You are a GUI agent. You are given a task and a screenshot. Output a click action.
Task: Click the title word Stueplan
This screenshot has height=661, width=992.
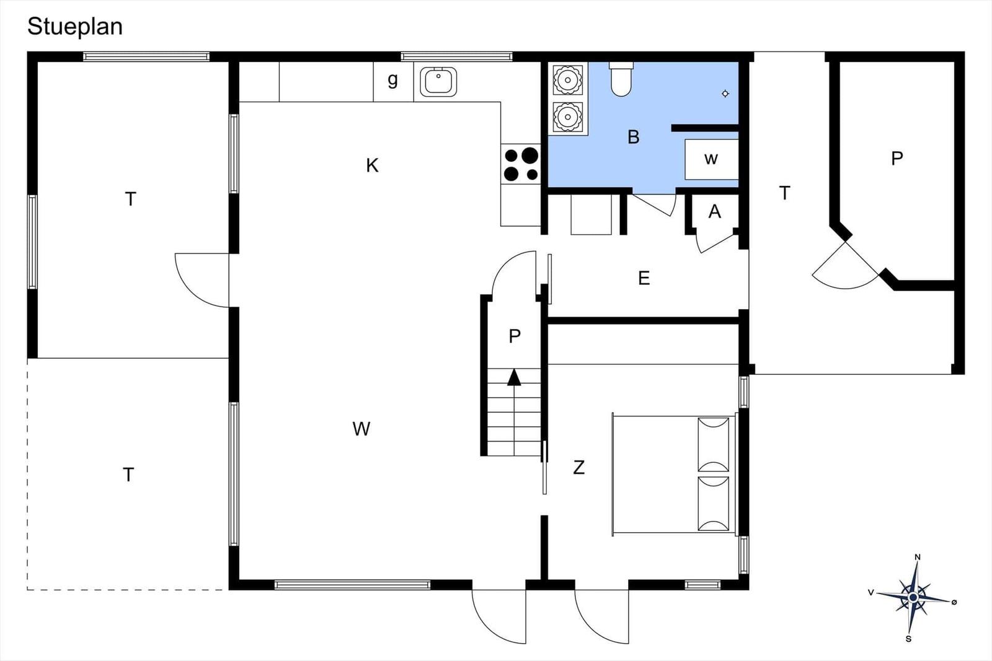click(x=75, y=27)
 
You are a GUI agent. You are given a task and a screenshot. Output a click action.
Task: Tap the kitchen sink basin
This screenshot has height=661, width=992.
click(x=438, y=81)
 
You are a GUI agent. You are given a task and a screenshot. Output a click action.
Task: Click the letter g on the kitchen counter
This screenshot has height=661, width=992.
click(x=393, y=80)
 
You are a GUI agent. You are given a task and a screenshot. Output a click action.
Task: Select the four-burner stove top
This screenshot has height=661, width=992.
click(x=521, y=164)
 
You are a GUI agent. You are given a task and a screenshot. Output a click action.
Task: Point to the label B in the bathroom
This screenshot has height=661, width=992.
click(x=634, y=137)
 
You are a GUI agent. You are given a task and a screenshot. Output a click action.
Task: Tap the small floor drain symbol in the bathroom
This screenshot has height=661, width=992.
click(x=725, y=94)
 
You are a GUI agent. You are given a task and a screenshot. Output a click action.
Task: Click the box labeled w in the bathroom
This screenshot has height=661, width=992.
click(x=712, y=159)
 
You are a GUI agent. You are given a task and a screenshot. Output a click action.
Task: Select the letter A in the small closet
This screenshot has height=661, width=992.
click(x=715, y=212)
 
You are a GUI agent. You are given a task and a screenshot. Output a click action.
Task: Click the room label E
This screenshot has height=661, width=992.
click(x=644, y=278)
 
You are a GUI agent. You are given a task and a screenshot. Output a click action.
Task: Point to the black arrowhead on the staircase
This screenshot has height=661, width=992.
click(x=514, y=377)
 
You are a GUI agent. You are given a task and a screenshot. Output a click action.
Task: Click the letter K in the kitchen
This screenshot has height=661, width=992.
click(x=373, y=165)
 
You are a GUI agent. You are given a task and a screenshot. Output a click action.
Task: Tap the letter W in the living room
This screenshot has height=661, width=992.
click(x=361, y=429)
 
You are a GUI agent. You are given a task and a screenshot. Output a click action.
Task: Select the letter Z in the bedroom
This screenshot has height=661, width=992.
click(x=579, y=467)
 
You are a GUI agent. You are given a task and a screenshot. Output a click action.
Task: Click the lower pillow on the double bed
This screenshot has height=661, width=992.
click(x=714, y=504)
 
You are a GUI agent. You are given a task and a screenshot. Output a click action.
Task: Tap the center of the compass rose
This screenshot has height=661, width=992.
click(x=913, y=598)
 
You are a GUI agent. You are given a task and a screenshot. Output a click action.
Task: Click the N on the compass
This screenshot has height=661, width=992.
click(x=918, y=557)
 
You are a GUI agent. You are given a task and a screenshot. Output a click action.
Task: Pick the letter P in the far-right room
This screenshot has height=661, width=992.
click(x=897, y=159)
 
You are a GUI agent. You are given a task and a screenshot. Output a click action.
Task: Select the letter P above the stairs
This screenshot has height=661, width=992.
click(x=514, y=336)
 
